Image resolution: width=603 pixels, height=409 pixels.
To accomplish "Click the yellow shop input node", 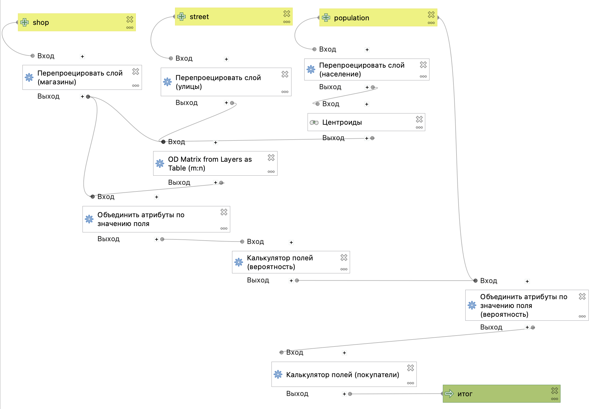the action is pos(77,22).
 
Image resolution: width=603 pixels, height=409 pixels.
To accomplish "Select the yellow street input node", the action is pos(234,16).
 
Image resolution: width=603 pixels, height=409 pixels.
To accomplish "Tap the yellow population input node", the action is pos(378,18).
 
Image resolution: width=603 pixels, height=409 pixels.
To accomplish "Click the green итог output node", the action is pos(501,394).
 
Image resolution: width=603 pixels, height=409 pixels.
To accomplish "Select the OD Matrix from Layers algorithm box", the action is pos(215,163).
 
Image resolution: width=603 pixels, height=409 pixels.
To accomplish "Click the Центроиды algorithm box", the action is pos(366,122).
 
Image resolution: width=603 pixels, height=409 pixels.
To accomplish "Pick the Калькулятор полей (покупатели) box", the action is pos(344,374).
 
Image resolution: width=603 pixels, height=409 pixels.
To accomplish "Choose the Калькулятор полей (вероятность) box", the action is pos(291,262).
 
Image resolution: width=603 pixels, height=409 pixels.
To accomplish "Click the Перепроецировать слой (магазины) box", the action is pos(82,77).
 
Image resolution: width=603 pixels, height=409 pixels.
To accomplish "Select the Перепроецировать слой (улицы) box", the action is pos(226,82).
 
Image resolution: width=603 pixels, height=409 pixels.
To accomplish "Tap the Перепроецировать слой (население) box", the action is pos(367,69).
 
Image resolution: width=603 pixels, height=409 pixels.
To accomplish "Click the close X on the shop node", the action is pos(130,19).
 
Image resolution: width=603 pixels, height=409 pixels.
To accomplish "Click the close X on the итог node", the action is pos(554,390).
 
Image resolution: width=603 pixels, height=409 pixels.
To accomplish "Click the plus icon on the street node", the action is pos(182,17).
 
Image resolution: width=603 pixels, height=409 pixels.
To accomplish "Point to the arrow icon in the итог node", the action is pos(449,394).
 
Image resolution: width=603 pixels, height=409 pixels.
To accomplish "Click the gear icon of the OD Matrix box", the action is pos(160,164).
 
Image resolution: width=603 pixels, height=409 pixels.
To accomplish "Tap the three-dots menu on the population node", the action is pos(431,23).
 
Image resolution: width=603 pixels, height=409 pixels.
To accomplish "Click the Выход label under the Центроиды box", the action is pos(333,138).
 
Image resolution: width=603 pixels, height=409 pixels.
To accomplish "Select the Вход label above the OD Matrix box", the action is pos(177,142).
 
